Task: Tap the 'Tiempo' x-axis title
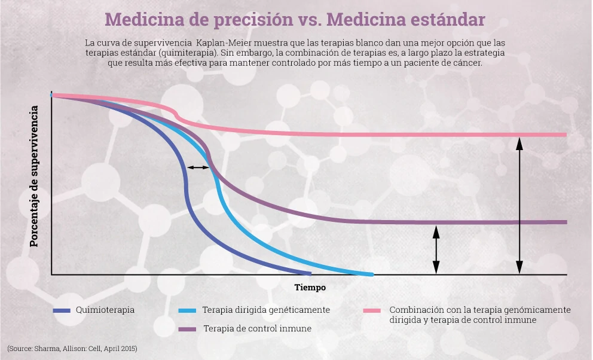[x=310, y=288]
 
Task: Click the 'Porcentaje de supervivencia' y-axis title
[x=35, y=176]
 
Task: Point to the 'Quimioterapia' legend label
[x=105, y=310]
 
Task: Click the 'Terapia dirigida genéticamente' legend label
[x=266, y=310]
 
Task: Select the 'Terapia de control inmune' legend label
[x=257, y=329]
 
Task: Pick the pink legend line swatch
[x=372, y=310]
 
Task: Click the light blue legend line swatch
[x=187, y=310]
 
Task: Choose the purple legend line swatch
[x=187, y=329]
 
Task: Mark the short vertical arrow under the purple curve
[x=436, y=250]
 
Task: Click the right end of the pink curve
[x=564, y=135]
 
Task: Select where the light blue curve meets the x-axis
[x=371, y=274]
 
